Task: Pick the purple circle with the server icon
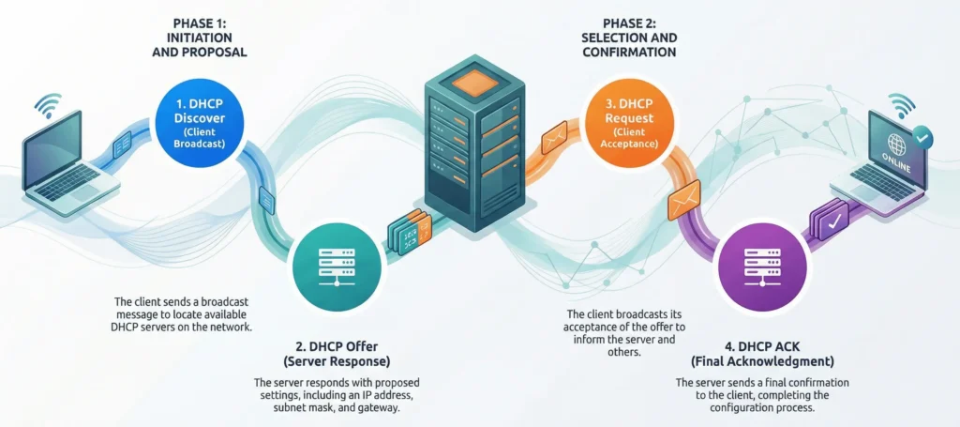tap(760, 267)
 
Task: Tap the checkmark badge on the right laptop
tap(924, 137)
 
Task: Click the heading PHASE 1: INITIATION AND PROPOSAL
tap(200, 38)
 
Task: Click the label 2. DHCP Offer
tap(337, 346)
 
